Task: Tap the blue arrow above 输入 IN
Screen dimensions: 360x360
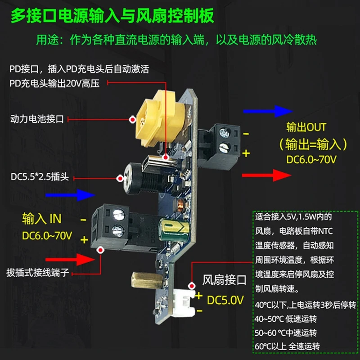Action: (x=70, y=195)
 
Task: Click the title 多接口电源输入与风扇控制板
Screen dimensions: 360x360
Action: (x=112, y=17)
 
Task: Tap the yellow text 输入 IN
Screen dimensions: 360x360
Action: (x=41, y=219)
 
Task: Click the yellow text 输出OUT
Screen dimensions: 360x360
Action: (x=306, y=127)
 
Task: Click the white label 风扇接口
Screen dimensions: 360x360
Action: (x=225, y=281)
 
